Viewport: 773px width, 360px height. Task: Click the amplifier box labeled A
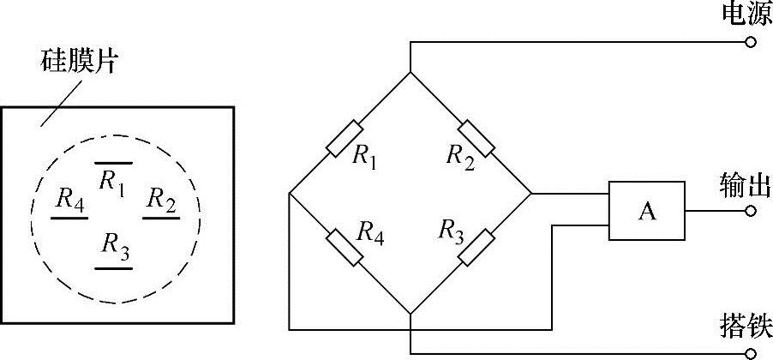[647, 211]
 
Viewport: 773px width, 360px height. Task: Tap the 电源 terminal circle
[751, 41]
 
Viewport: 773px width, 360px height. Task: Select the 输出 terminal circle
[751, 211]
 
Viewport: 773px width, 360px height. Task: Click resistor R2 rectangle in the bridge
[476, 138]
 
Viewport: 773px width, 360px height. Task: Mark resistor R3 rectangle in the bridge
[477, 248]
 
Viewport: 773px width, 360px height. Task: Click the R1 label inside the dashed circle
[112, 181]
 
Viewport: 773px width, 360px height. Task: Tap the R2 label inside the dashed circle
[161, 200]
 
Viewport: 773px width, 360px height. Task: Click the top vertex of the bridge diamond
[410, 72]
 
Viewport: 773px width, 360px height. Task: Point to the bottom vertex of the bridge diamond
[410, 314]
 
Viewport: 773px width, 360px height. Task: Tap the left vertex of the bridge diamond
[290, 193]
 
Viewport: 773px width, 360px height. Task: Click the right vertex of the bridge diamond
[531, 194]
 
